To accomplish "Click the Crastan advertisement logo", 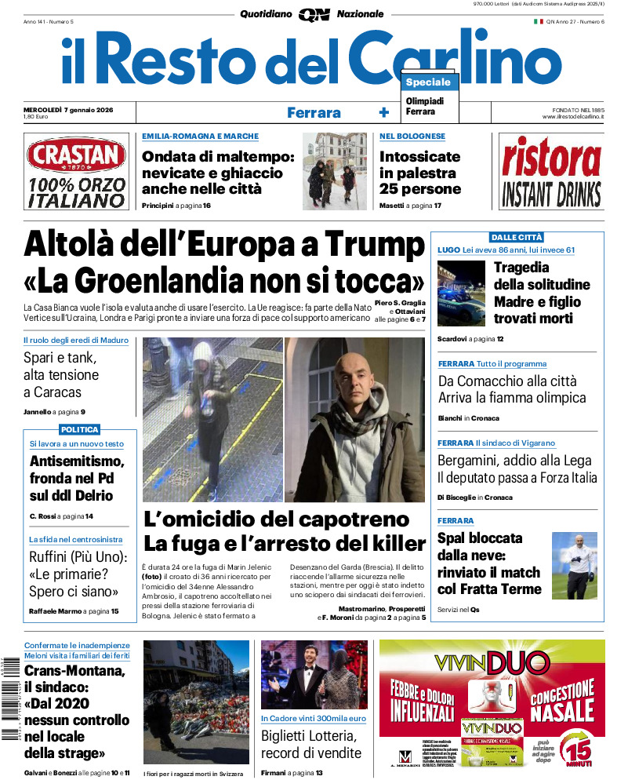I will tap(75, 156).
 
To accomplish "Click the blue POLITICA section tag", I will tap(79, 429).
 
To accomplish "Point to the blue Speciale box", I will tap(429, 82).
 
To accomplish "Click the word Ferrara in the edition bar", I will tap(314, 112).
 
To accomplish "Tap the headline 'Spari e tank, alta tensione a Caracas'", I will tap(63, 375).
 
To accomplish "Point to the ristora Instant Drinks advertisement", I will tap(551, 172).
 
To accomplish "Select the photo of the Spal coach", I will tap(574, 565).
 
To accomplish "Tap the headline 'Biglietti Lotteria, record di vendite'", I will tap(311, 745).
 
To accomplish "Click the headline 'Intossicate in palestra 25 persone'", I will tap(420, 173).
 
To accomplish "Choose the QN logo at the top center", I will tap(313, 14).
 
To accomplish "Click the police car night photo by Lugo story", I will tap(461, 293).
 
